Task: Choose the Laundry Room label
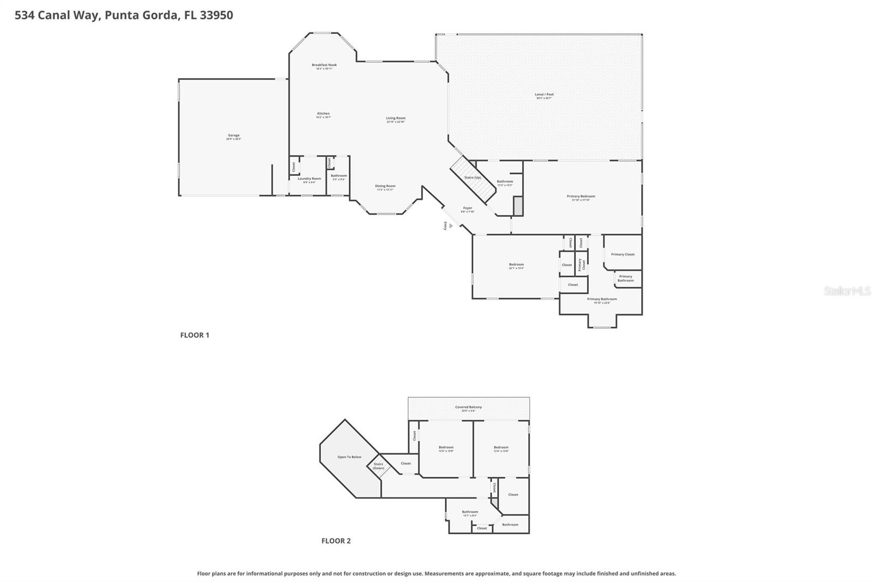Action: (309, 179)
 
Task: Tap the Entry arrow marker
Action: (451, 225)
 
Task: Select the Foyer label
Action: (468, 209)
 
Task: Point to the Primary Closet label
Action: (623, 254)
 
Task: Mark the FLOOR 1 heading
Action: (195, 335)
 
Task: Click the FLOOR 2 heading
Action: (336, 541)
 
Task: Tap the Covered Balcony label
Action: (468, 408)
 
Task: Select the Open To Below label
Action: (349, 457)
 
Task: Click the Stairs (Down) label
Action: (379, 466)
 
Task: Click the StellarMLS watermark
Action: (847, 292)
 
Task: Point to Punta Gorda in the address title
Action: (141, 15)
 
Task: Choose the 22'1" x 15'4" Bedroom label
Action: (516, 265)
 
